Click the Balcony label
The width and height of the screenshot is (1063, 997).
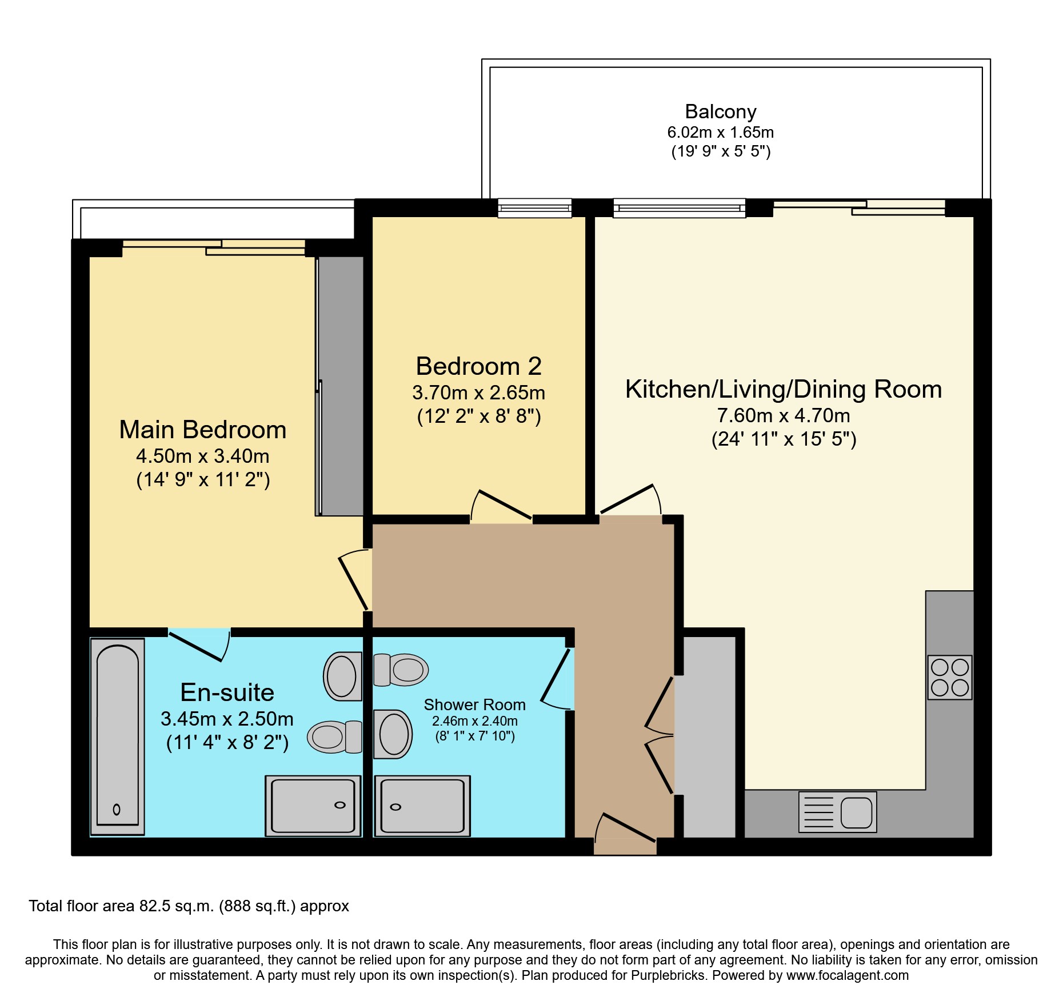[x=721, y=111]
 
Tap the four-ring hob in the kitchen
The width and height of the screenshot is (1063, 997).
[x=950, y=678]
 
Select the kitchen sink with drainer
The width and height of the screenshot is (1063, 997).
[x=837, y=812]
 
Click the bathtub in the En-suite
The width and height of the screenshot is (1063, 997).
[x=118, y=736]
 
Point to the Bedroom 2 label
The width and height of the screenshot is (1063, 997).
[x=478, y=366]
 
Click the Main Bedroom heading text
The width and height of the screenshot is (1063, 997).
[x=203, y=430]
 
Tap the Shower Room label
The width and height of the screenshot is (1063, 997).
[x=474, y=705]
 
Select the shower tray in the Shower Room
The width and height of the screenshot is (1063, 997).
[x=422, y=806]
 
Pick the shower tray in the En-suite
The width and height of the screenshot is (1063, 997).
[x=313, y=806]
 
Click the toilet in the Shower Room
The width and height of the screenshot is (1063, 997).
[x=401, y=670]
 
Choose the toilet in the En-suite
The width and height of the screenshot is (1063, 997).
[x=335, y=736]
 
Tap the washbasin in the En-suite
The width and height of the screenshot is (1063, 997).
[x=343, y=676]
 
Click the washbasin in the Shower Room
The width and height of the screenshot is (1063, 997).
[x=393, y=734]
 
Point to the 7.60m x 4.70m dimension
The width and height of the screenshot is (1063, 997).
[x=784, y=415]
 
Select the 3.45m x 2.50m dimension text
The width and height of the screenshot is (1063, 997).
[x=227, y=719]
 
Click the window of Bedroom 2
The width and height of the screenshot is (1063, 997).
[x=534, y=208]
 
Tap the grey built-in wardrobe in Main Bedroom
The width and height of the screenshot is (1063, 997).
[x=341, y=386]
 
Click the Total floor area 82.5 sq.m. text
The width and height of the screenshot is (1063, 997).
[x=189, y=906]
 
